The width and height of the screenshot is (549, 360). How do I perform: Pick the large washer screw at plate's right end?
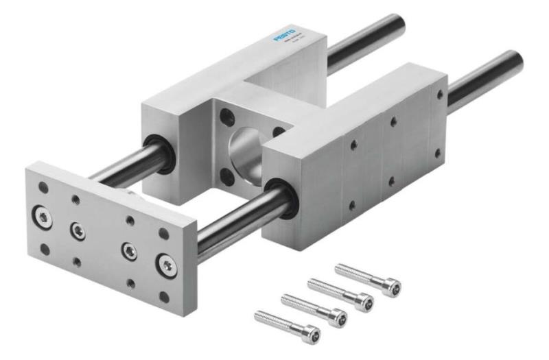(165, 264)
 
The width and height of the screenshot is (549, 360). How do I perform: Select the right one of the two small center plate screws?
(128, 250)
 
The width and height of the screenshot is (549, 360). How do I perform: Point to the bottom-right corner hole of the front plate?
(164, 296)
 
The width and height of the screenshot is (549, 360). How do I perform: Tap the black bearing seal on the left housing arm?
(161, 152)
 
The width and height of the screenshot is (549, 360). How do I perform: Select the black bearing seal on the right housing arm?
(281, 198)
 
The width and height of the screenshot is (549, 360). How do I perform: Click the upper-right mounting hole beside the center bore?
(278, 131)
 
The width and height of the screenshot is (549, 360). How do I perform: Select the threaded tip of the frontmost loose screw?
(258, 314)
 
